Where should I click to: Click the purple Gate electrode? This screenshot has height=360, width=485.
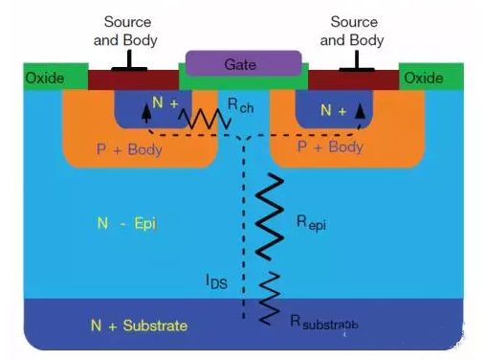point(242,63)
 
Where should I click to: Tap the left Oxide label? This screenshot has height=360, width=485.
point(43,78)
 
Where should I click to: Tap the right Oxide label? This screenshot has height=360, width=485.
point(424,78)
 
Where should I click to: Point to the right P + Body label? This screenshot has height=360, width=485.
point(329,146)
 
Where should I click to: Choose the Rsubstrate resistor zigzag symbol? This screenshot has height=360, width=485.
point(272,292)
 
